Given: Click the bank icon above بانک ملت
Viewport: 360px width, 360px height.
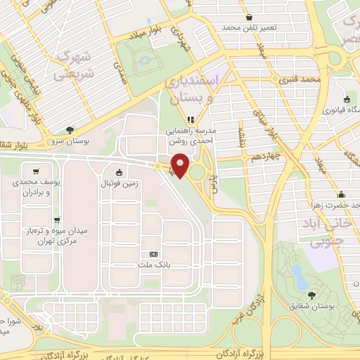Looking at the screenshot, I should coord(153,254).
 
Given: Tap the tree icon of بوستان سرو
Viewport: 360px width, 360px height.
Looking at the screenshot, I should coord(69,129).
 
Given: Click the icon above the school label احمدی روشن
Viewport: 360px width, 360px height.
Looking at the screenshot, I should coord(190,120).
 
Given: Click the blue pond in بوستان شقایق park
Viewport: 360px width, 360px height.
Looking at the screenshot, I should coord(299,276).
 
